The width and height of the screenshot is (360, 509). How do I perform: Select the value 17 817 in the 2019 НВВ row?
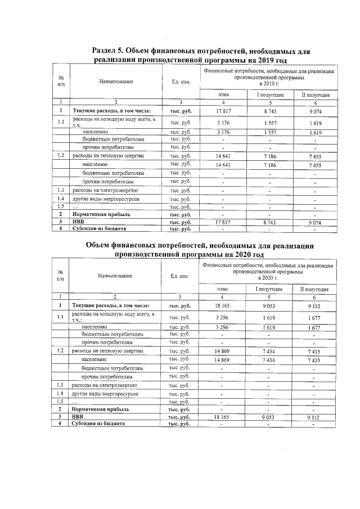coord(224,222)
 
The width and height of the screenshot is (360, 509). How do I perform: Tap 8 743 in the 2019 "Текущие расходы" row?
coord(271,111)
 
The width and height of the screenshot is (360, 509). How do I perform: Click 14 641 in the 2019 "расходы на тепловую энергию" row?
coord(224,155)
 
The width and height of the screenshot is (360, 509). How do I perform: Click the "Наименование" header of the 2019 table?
coord(116,82)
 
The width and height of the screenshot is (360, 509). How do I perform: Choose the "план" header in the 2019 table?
coord(224,95)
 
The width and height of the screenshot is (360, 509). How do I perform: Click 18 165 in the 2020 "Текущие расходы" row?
coord(224,305)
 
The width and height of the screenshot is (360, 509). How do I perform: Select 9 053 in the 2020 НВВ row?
coord(271,417)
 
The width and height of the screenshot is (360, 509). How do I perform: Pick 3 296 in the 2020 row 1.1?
coord(224,317)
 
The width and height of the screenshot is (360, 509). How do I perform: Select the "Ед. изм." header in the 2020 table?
coord(178,276)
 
